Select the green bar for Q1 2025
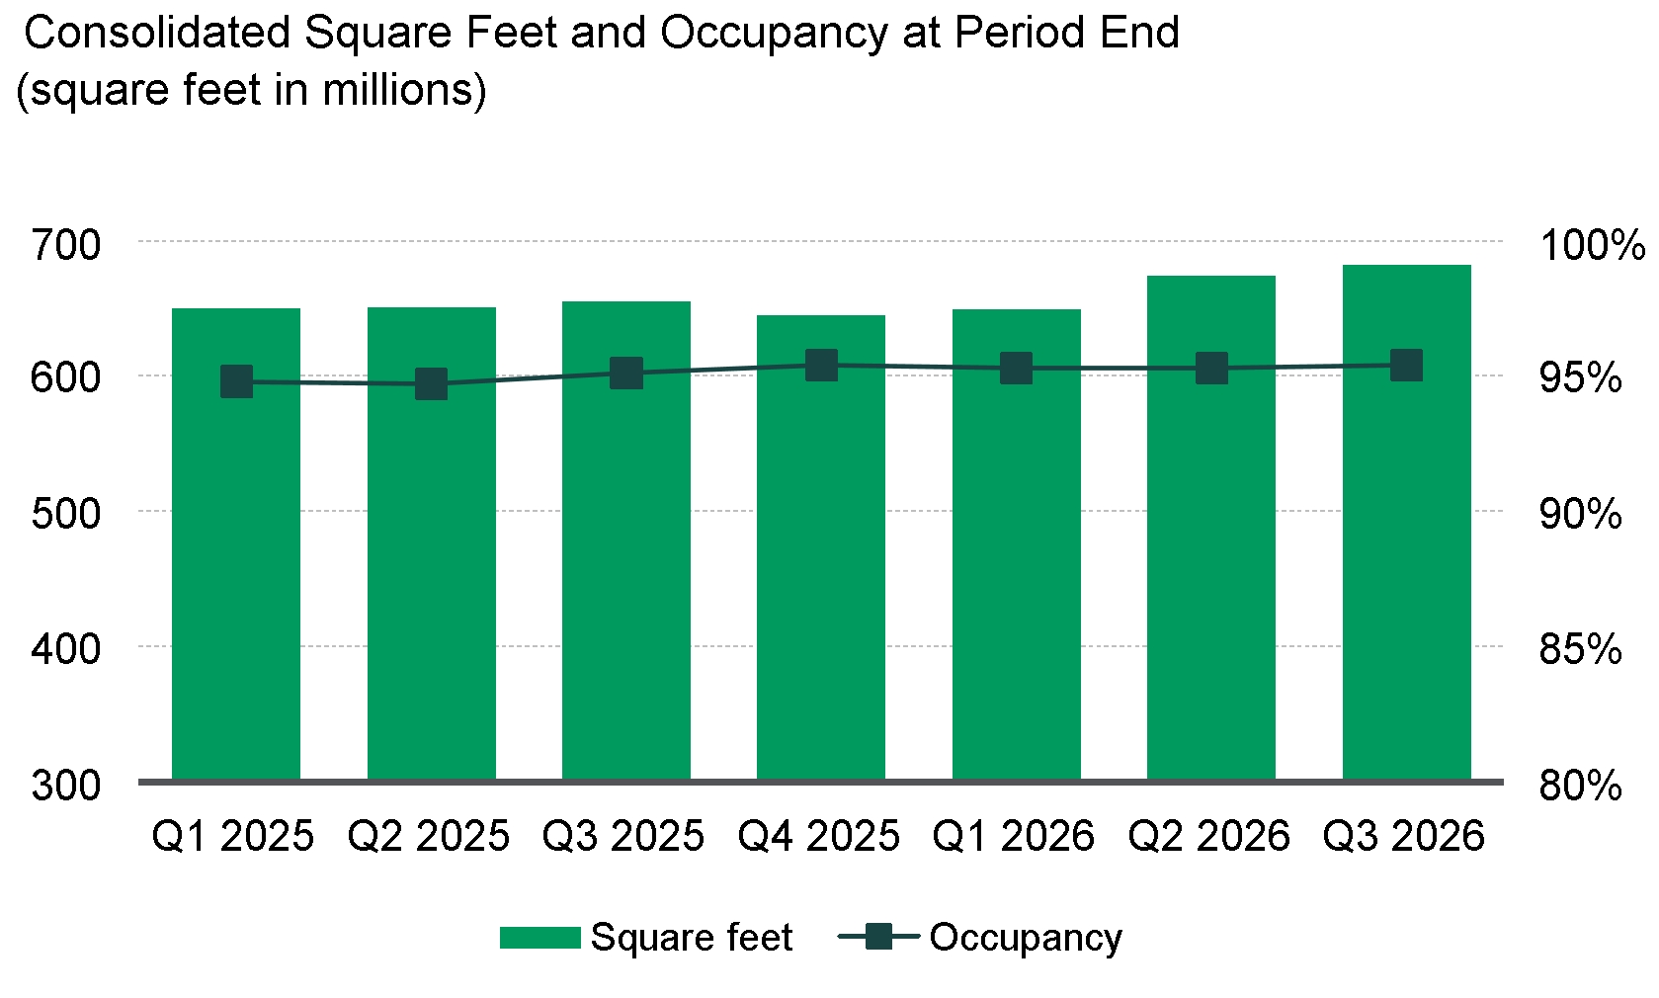pyautogui.click(x=236, y=543)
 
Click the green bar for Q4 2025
pyautogui.click(x=821, y=547)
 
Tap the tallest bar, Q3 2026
pyautogui.click(x=1406, y=523)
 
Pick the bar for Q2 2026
pyautogui.click(x=1211, y=528)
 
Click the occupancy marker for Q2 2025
pyautogui.click(x=431, y=383)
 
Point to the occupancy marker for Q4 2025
pyautogui.click(x=821, y=366)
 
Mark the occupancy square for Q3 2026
pyautogui.click(x=1406, y=366)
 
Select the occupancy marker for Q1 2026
pyautogui.click(x=1016, y=369)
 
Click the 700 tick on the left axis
pyautogui.click(x=65, y=245)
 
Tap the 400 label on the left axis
pyautogui.click(x=65, y=650)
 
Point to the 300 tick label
pyautogui.click(x=65, y=786)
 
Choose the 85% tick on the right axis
pyautogui.click(x=1581, y=650)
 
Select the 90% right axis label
pyautogui.click(x=1581, y=514)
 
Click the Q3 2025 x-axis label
pyautogui.click(x=622, y=836)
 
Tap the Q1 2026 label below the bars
pyautogui.click(x=1013, y=836)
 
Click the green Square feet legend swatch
pyautogui.click(x=539, y=938)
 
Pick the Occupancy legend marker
pyautogui.click(x=878, y=937)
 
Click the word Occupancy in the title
pyautogui.click(x=774, y=35)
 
